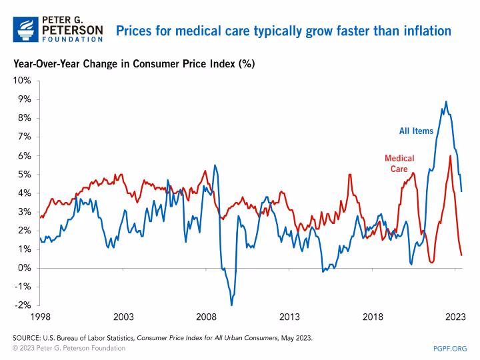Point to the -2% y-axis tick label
(x=22, y=305)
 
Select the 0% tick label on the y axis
(x=24, y=267)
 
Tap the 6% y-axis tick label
(x=24, y=155)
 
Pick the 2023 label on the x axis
(x=455, y=317)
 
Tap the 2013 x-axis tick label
(x=289, y=317)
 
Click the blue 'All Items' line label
(x=416, y=131)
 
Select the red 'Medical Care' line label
(x=399, y=163)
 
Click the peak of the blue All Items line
(x=446, y=102)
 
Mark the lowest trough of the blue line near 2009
(x=232, y=305)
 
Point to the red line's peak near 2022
(x=451, y=156)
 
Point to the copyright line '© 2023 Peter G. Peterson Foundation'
(x=69, y=348)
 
